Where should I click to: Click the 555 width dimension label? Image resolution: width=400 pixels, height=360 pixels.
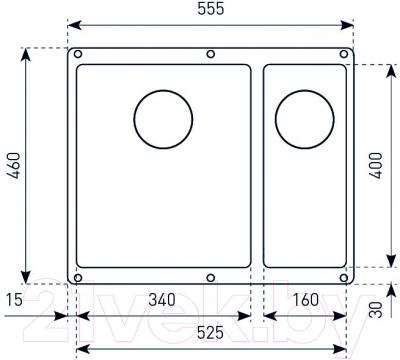click(211, 9)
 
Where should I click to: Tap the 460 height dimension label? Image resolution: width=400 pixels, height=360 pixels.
click(14, 165)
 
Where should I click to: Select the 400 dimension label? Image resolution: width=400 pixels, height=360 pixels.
click(376, 165)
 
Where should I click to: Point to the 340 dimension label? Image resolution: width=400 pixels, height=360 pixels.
click(162, 300)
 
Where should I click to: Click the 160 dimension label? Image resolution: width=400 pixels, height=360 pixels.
click(306, 300)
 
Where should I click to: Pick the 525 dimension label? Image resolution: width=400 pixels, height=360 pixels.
click(210, 332)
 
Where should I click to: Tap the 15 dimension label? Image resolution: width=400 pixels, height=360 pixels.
click(15, 300)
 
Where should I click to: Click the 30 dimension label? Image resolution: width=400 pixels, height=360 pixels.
click(376, 310)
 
